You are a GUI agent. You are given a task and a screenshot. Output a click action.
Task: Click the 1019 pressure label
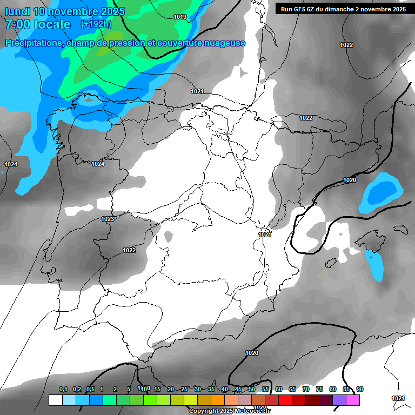coord(180,17)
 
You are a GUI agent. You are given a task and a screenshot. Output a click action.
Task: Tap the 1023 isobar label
coord(108,219)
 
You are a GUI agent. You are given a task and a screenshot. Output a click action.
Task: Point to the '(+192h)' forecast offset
coord(96,24)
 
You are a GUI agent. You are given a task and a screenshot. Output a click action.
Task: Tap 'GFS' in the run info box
coord(300,9)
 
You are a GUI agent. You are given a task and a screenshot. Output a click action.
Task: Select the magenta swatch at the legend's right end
coord(353,400)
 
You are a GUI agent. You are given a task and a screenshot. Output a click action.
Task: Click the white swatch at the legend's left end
coord(56,400)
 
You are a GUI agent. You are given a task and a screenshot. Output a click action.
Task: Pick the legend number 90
coord(360,389)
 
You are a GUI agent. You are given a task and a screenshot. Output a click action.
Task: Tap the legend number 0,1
coord(63,389)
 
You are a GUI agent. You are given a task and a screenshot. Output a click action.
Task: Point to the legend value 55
coord(265,389)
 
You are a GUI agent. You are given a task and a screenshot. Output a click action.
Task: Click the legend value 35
coord(211,389)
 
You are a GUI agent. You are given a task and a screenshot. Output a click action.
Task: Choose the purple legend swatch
coord(339,400)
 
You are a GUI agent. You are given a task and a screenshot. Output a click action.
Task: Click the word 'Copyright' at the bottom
coord(204,411)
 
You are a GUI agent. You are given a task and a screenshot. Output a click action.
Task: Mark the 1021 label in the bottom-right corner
coord(398,398)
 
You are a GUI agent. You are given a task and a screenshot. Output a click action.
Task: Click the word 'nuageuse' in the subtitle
coord(224,43)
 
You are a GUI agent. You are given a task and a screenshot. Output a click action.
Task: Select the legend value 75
coord(319,389)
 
